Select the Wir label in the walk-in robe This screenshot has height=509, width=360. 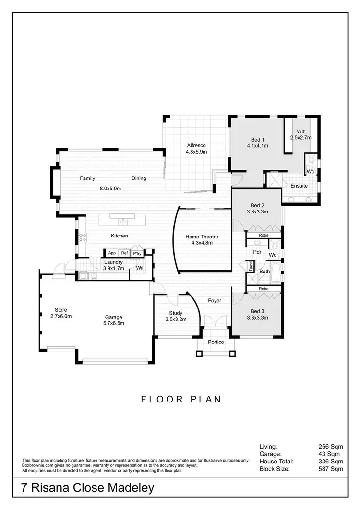(301, 131)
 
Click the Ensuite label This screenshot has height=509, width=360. (299, 186)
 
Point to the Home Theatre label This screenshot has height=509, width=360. (202, 237)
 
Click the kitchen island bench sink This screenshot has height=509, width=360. (122, 222)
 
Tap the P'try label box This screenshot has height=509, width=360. (137, 253)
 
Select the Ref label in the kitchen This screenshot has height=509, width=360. (124, 253)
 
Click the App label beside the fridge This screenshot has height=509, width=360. (112, 253)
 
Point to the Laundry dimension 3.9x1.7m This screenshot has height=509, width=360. (113, 268)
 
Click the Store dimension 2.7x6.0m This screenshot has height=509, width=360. (61, 316)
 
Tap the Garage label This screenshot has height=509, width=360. (114, 317)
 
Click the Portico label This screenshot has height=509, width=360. (216, 342)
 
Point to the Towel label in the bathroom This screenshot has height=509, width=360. (251, 267)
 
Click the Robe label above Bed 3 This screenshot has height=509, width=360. (264, 289)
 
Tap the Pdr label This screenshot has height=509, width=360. (257, 252)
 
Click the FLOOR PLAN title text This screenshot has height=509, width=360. (181, 399)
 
